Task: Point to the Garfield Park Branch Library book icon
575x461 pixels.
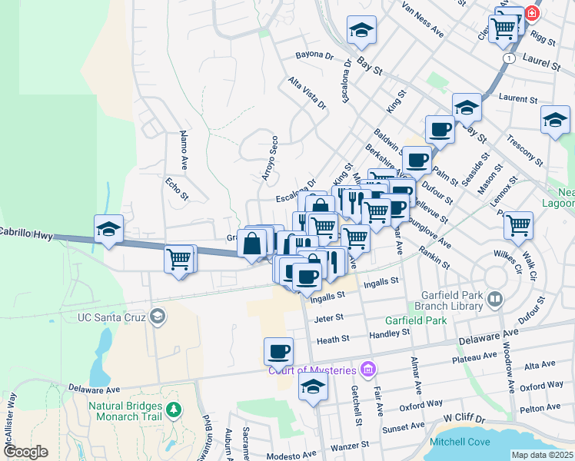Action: pyautogui.click(x=496, y=299)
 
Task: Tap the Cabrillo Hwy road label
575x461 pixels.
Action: pyautogui.click(x=26, y=230)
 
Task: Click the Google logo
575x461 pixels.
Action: pyautogui.click(x=25, y=452)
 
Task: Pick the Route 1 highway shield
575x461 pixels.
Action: pyautogui.click(x=509, y=58)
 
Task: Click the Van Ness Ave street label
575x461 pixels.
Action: pyautogui.click(x=424, y=21)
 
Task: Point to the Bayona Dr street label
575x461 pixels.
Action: pyautogui.click(x=314, y=56)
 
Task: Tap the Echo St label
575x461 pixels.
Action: pyautogui.click(x=177, y=189)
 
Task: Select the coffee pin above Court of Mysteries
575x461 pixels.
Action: pyautogui.click(x=278, y=350)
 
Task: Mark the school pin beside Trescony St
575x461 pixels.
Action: pyautogui.click(x=555, y=119)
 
